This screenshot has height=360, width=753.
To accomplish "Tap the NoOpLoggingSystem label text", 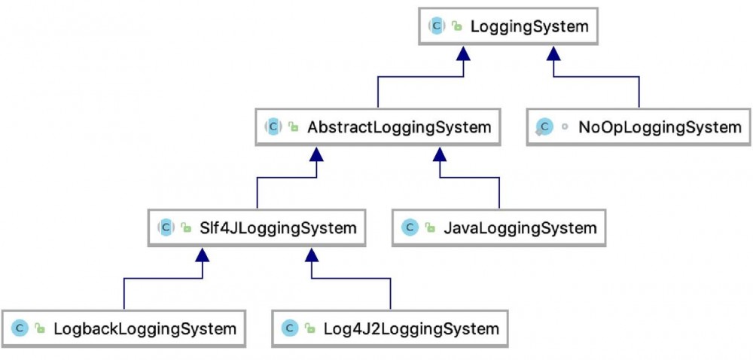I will click(x=660, y=127).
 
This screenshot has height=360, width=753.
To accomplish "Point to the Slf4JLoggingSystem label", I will click(x=278, y=227).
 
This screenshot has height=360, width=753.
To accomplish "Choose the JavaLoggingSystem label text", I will click(x=520, y=227).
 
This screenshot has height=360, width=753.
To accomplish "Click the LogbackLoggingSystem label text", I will click(x=145, y=328).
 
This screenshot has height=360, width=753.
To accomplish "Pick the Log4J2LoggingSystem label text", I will click(x=411, y=328).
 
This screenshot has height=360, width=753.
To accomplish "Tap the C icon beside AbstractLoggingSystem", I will click(x=273, y=127).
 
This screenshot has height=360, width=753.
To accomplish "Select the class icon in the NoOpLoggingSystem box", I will click(x=544, y=127).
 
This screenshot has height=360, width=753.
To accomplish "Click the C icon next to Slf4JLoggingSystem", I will click(x=165, y=227).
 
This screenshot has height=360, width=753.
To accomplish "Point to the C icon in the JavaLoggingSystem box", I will click(x=410, y=227).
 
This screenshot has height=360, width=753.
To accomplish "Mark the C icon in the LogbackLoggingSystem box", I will click(x=20, y=328).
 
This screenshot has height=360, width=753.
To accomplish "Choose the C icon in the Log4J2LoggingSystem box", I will click(x=289, y=328).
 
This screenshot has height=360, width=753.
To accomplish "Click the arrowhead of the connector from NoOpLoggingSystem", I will click(x=554, y=53).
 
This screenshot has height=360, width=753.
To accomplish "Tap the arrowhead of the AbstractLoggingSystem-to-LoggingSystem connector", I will click(x=464, y=53).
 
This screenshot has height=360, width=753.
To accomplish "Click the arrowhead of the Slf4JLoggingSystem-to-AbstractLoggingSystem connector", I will click(x=317, y=154).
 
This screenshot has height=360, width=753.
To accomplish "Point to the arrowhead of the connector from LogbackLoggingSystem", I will click(x=202, y=255).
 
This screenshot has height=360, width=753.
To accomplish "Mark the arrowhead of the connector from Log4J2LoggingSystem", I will click(x=311, y=255).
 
